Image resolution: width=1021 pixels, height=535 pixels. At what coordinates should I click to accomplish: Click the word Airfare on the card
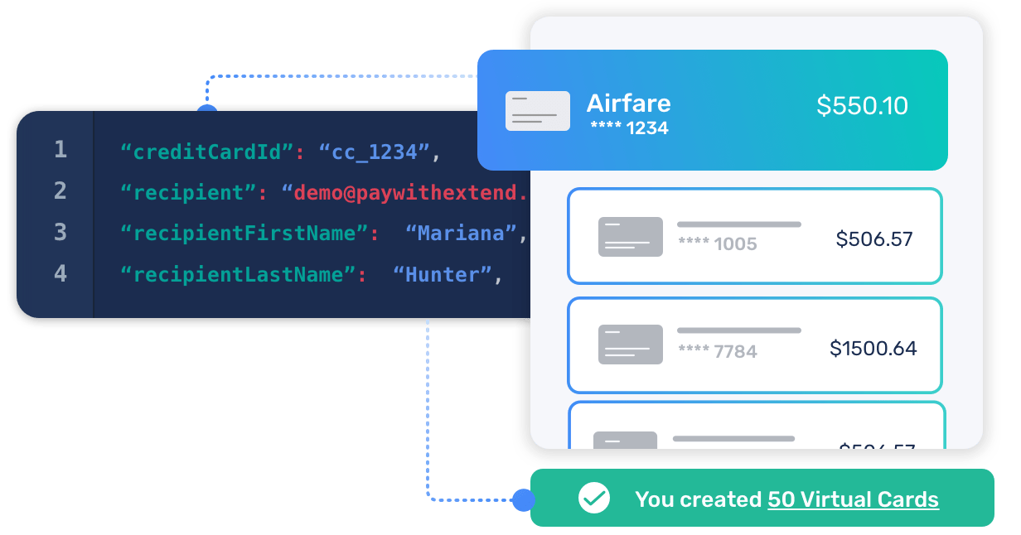628,104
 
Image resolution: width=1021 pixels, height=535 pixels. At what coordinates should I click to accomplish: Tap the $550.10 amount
862,106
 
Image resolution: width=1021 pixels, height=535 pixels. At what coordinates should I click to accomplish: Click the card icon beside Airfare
537,111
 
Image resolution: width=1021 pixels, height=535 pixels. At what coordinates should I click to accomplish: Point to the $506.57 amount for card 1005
874,239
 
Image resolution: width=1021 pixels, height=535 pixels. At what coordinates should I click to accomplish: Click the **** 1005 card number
717,243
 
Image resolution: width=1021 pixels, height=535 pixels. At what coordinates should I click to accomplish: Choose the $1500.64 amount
873,349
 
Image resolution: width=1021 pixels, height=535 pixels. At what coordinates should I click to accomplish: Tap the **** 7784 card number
717,352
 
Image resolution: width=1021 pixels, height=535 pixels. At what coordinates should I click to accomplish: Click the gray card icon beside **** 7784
630,345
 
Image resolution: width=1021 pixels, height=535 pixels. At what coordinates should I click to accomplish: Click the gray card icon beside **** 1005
630,236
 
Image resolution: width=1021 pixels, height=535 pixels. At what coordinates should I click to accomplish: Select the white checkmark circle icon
594,499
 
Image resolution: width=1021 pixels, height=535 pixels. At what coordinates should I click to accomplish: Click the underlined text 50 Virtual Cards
853,500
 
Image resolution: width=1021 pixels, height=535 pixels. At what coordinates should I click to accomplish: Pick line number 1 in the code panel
60,150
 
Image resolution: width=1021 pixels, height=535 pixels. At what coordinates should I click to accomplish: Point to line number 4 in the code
60,273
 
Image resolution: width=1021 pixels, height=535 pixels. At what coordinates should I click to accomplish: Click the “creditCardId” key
208,152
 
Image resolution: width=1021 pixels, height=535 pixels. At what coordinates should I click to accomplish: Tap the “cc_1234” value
375,152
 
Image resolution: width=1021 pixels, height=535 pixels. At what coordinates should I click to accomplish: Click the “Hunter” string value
442,275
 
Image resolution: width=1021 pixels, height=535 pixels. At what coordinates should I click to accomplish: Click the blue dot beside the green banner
523,499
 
